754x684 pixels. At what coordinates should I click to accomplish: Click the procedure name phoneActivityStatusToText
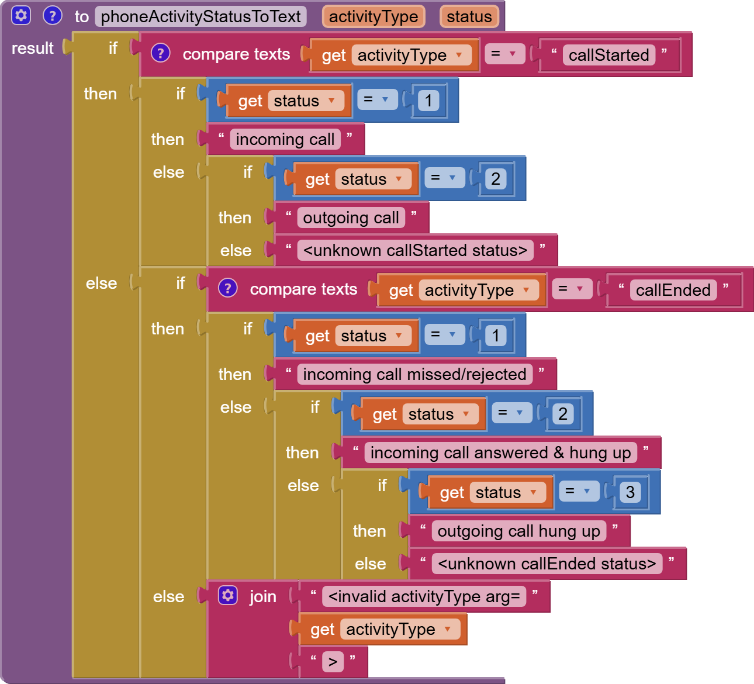click(x=200, y=16)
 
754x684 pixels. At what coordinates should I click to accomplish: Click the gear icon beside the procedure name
click(x=21, y=15)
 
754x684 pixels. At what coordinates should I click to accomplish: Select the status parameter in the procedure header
click(x=469, y=16)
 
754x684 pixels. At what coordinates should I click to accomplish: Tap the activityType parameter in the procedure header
click(x=373, y=16)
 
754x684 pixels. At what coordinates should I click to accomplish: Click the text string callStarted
click(x=608, y=55)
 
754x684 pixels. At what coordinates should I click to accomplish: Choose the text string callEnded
click(x=673, y=290)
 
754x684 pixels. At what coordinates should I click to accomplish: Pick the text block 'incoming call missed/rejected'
click(x=414, y=374)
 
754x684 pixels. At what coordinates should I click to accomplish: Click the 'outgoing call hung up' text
click(x=518, y=531)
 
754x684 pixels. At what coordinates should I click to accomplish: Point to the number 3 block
click(x=630, y=492)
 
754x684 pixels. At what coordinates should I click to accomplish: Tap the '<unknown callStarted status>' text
click(x=415, y=250)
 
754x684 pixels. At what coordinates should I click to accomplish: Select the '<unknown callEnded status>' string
click(x=547, y=564)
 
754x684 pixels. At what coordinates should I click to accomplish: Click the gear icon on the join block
click(x=227, y=595)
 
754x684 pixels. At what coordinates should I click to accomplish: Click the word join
click(x=262, y=596)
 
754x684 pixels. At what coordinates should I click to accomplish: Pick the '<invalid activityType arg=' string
click(x=424, y=596)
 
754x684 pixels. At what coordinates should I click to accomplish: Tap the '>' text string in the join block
click(x=333, y=662)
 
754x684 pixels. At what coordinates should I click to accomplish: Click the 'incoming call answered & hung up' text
click(x=500, y=452)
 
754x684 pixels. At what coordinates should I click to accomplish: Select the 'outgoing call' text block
click(x=351, y=217)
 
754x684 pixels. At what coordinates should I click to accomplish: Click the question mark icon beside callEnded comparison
click(x=227, y=288)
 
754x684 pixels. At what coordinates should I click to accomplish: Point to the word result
click(x=33, y=48)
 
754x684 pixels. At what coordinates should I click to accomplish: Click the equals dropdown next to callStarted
click(x=504, y=54)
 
